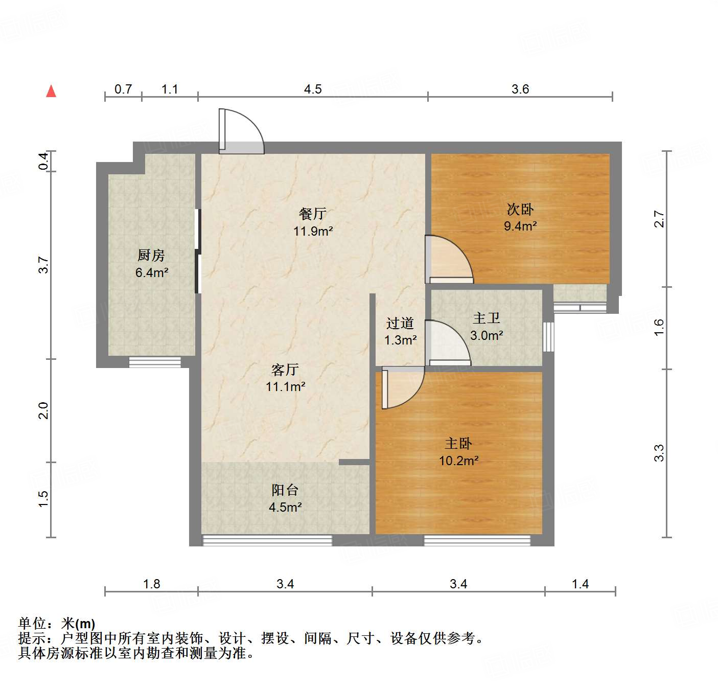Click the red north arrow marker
tap(51, 91)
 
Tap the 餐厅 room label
tap(313, 213)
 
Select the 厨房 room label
tap(151, 255)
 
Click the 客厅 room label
tap(285, 369)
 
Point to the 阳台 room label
tap(285, 490)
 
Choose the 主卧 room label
tap(458, 443)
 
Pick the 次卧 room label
tap(520, 209)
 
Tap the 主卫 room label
tap(487, 318)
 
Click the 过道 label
tap(400, 323)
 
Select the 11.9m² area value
tap(313, 231)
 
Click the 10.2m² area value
tap(458, 461)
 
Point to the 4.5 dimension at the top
tap(313, 89)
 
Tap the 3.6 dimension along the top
tap(520, 89)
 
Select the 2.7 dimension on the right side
tap(659, 219)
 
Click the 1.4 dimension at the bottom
tap(580, 584)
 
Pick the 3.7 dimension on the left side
tap(44, 265)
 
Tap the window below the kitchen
tap(155, 362)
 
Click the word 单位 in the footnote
tap(32, 624)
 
